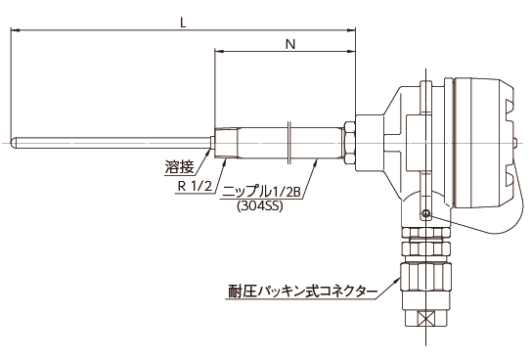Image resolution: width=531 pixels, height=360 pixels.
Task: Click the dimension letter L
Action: pos(182,20)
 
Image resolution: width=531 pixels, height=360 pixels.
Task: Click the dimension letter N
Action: pos(288,44)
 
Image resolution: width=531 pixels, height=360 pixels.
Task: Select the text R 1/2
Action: pos(196,185)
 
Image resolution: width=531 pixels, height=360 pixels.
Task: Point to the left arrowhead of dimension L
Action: pos(14,29)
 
